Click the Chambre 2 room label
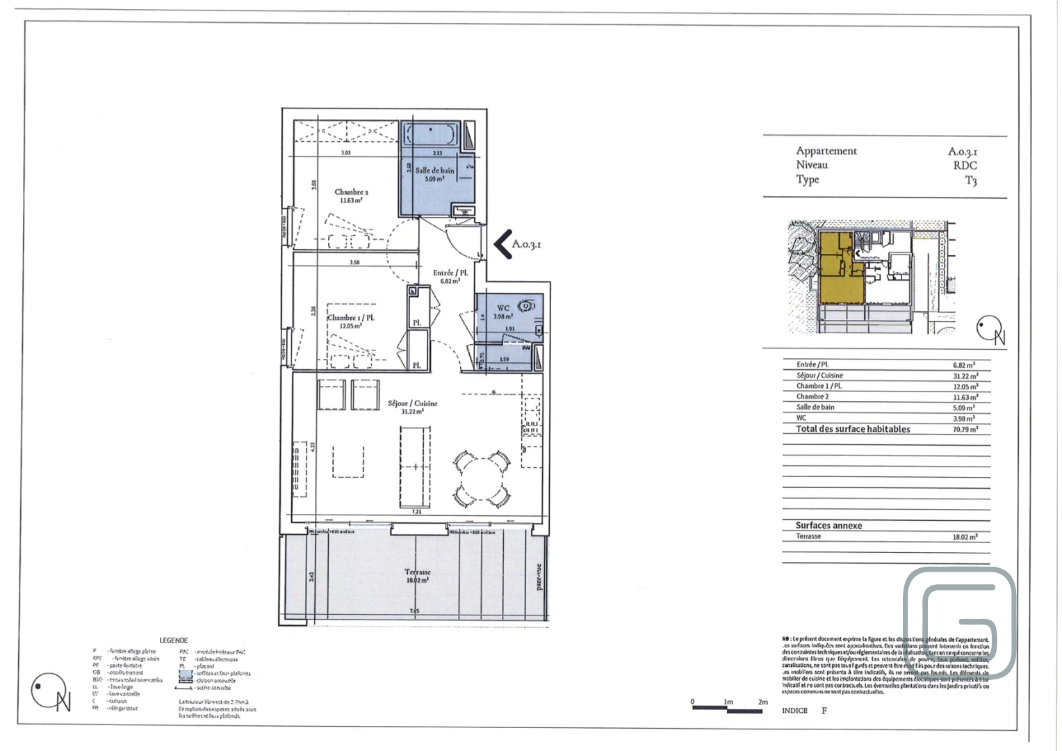(351, 193)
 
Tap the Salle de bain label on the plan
(434, 170)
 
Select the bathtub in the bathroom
(431, 133)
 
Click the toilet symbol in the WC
(527, 305)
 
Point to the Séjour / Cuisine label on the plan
(412, 403)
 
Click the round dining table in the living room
(481, 478)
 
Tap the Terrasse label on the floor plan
(417, 572)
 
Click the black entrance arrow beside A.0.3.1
(503, 245)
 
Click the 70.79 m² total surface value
(965, 430)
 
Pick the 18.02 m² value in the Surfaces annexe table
(965, 537)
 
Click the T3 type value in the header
(970, 181)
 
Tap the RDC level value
(965, 165)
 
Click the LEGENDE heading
(173, 640)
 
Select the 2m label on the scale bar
(762, 702)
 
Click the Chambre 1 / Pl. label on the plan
(351, 318)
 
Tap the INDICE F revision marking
(804, 711)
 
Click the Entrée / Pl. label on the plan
(450, 273)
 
